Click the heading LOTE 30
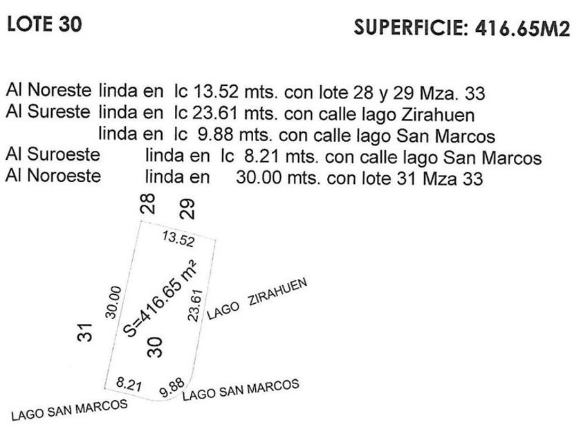(x=44, y=24)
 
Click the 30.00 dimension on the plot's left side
(x=114, y=302)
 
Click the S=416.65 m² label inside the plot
(x=158, y=298)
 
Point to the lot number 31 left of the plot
(x=84, y=333)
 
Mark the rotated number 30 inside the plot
(x=156, y=346)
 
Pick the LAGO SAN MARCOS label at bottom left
(x=69, y=409)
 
